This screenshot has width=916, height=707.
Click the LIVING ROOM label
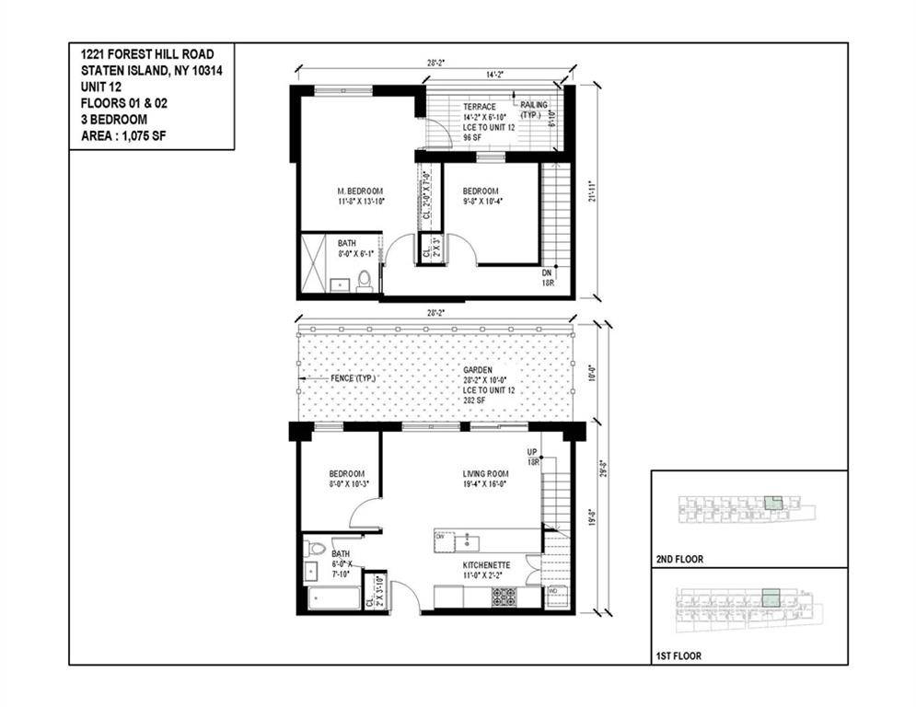pos(485,475)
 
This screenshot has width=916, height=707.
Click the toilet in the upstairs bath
pos(365,280)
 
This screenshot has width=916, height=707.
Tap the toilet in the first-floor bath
pos(315,549)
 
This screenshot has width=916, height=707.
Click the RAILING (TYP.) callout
pos(534,110)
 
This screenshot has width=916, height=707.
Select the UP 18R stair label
pos(532,457)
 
